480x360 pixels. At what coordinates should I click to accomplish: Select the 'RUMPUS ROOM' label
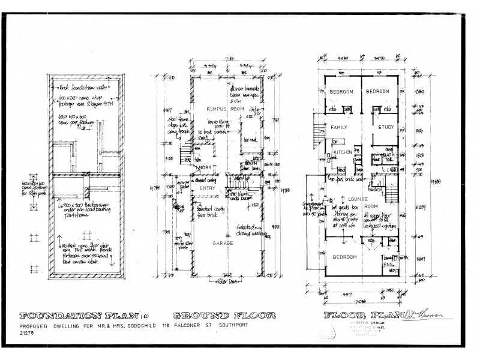[x=220, y=109]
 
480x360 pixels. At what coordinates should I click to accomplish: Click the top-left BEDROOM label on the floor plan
[x=342, y=91]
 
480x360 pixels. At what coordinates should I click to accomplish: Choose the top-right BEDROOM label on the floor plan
[x=379, y=91]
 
